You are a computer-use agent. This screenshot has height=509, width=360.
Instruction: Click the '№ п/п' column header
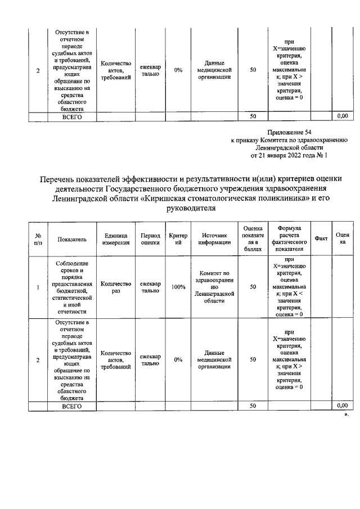coord(38,238)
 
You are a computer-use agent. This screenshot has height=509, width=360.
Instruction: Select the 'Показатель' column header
coord(72,238)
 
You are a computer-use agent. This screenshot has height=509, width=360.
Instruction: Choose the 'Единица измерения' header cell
coord(116,238)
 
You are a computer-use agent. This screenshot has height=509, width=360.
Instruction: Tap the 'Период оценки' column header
coord(150,238)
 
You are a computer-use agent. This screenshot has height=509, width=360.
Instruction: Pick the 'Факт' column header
coord(321,238)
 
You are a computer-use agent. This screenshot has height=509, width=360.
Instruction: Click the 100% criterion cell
coord(178,287)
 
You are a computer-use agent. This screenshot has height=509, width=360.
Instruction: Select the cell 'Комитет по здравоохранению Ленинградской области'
coord(214,287)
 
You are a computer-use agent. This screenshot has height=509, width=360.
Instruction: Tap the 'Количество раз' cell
coord(116,287)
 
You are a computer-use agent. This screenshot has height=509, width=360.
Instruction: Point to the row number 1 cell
coord(38,287)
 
